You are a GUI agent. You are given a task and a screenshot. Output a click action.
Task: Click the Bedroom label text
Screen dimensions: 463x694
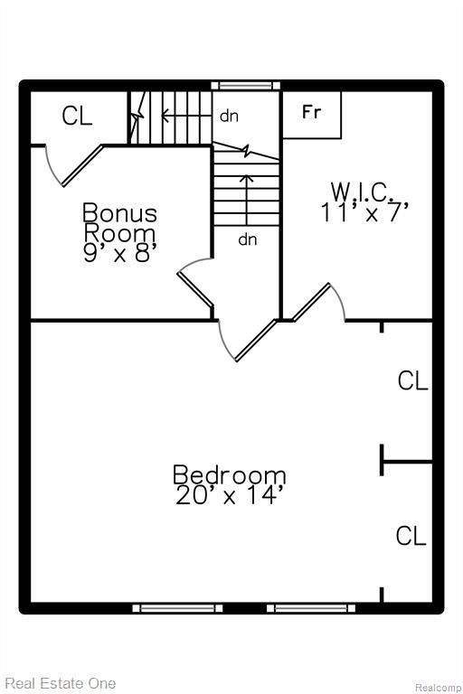[229, 474]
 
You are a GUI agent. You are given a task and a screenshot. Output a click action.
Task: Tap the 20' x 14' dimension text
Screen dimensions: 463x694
[229, 495]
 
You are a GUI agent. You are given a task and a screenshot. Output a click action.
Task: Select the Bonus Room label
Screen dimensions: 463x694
[119, 222]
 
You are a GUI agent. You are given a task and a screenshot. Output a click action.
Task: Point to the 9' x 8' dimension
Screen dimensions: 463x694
[119, 253]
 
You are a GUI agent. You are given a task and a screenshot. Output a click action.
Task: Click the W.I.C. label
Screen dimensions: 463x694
[363, 192]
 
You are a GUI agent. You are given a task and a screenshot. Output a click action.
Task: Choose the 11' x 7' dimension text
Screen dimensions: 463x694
[364, 212]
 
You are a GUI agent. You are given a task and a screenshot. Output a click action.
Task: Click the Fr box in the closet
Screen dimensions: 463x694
[312, 115]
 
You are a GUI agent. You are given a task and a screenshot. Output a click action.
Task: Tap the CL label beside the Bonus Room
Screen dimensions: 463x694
[77, 116]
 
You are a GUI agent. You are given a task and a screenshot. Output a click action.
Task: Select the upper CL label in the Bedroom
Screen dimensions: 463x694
[413, 380]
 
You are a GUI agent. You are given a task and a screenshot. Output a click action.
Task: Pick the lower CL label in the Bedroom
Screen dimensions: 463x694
[411, 536]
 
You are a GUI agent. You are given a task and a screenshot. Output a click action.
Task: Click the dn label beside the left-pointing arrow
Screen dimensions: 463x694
[229, 116]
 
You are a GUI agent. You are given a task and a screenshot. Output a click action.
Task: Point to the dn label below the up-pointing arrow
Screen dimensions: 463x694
[248, 239]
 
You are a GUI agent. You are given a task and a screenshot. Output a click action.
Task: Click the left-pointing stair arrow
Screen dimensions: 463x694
[186, 116]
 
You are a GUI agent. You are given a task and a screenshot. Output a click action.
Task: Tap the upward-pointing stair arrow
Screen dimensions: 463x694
[247, 200]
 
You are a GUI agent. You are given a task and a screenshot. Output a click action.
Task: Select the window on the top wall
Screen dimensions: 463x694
[245, 86]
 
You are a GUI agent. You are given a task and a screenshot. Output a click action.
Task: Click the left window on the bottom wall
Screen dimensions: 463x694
[177, 608]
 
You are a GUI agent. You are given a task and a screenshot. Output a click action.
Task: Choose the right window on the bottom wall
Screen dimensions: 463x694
[311, 608]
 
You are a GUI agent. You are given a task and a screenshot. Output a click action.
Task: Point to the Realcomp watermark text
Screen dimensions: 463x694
[439, 688]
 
